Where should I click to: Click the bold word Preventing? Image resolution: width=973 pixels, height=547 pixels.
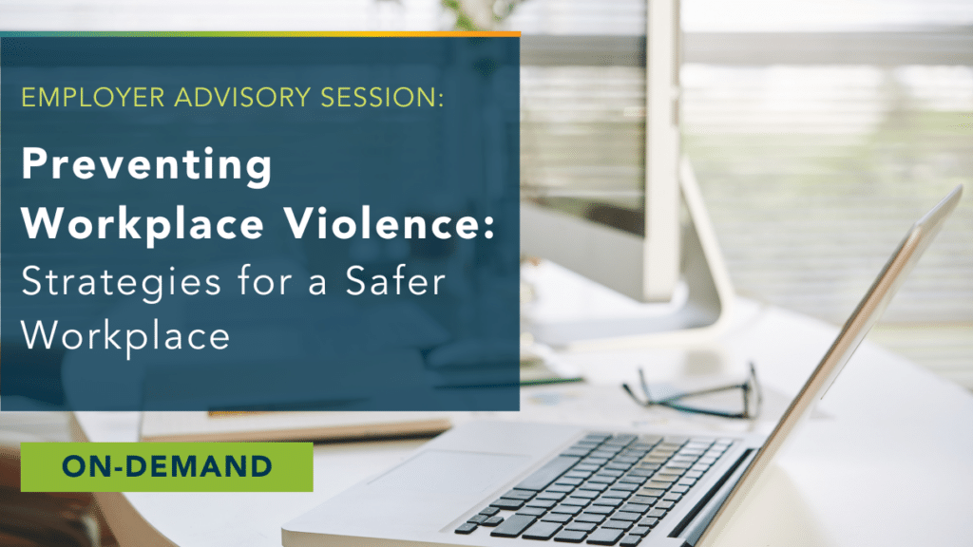[147, 165]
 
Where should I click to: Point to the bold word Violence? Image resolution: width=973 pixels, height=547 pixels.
[390, 222]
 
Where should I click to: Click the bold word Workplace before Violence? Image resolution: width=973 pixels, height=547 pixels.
[143, 224]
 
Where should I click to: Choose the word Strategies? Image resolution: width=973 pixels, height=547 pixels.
[121, 283]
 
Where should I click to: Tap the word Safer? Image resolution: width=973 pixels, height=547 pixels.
[395, 281]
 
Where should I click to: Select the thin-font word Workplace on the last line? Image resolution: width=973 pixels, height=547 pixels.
[125, 337]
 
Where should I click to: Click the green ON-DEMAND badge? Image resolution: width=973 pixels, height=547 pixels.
[167, 467]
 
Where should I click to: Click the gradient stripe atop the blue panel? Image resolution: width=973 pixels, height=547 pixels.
[260, 34]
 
